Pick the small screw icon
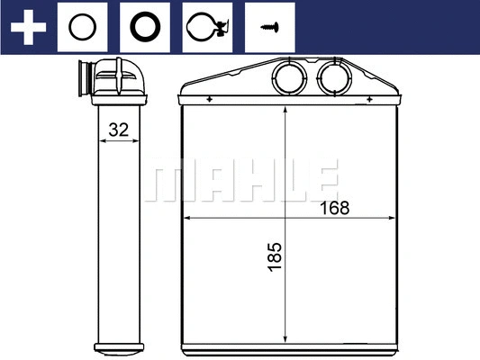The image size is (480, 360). click(267, 27)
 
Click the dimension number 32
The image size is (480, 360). click(118, 130)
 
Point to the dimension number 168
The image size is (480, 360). click(334, 208)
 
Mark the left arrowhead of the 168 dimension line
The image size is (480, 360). click(187, 218)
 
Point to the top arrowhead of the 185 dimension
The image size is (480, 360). click(285, 110)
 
